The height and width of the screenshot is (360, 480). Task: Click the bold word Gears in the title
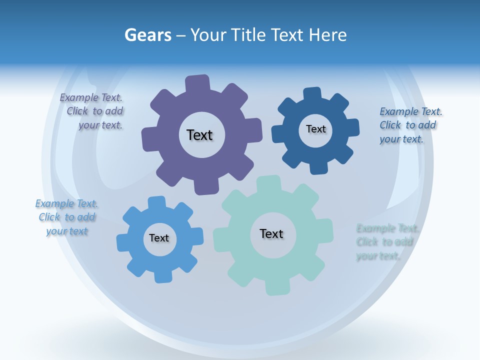click(147, 35)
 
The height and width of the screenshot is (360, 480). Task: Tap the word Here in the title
click(327, 35)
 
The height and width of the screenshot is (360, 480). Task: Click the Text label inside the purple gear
click(199, 135)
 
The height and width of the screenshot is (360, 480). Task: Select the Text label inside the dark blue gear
click(315, 129)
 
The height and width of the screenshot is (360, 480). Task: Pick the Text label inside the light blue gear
click(159, 238)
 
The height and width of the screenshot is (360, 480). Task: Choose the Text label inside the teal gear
click(271, 233)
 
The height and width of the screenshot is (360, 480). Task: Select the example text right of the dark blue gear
click(408, 125)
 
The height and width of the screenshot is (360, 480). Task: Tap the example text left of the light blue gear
click(66, 217)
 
